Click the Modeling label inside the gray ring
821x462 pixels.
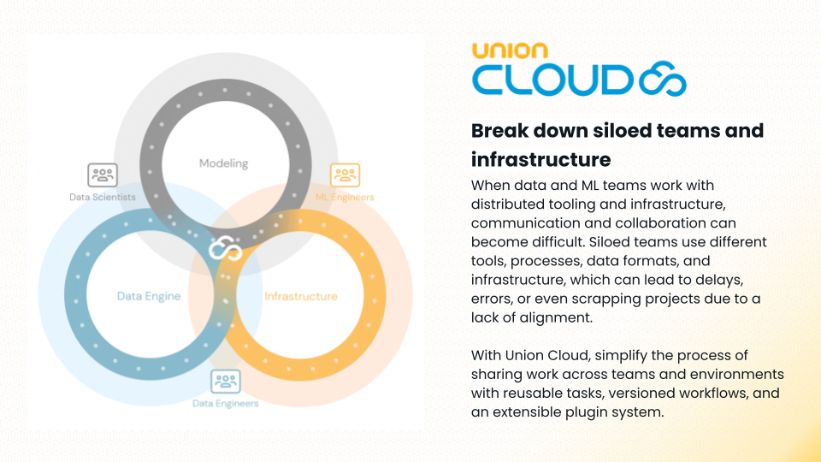(x=223, y=163)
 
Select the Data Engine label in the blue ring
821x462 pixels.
(x=149, y=296)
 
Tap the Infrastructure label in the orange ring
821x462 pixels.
(x=300, y=296)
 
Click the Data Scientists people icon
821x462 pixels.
(x=103, y=175)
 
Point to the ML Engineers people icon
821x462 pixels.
(x=345, y=175)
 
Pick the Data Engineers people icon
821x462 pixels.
(x=226, y=382)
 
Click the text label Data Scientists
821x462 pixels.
(x=103, y=197)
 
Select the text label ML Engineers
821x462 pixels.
(x=345, y=197)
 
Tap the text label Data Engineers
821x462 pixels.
(x=226, y=403)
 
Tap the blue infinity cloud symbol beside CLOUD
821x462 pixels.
(x=663, y=80)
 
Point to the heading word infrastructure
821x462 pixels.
(x=540, y=159)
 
